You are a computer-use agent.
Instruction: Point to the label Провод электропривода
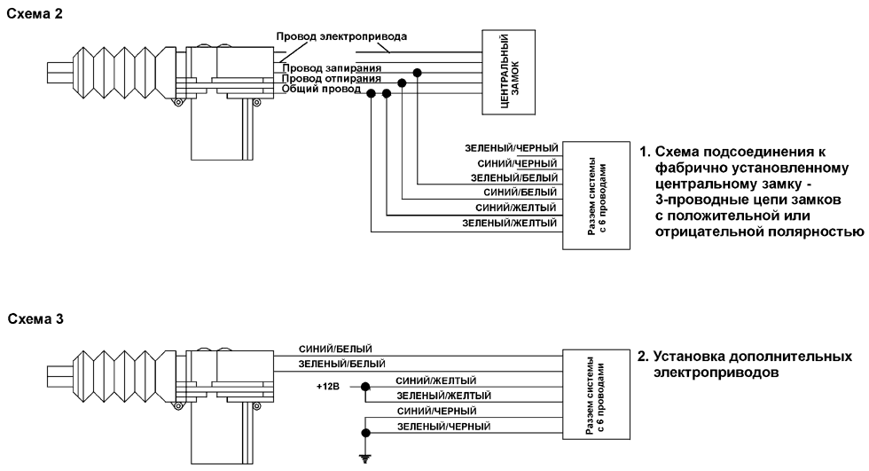341,37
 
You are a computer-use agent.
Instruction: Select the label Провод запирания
332,67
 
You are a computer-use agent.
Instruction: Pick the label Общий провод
321,89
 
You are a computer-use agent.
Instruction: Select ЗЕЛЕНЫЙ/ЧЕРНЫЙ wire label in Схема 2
510,147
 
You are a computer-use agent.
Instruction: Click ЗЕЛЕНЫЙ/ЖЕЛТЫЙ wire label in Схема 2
510,223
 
